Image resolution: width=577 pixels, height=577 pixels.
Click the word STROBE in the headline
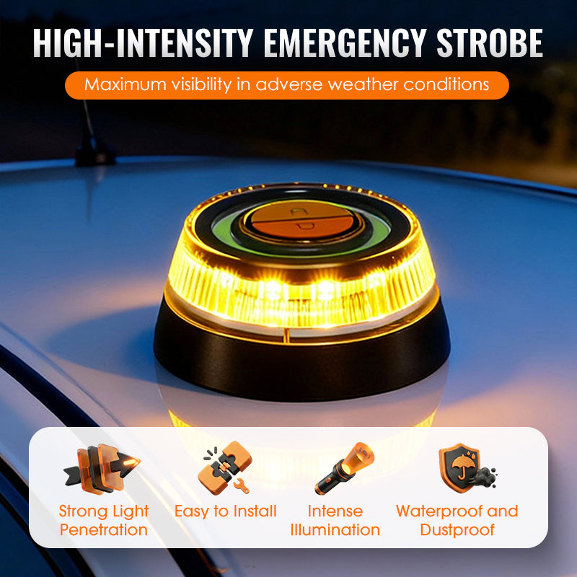(x=490, y=43)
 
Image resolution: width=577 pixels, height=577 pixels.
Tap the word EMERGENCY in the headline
(x=345, y=43)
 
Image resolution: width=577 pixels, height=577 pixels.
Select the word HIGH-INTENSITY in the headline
(x=143, y=43)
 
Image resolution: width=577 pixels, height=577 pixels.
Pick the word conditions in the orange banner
(x=446, y=84)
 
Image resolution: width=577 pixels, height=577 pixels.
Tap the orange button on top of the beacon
(x=302, y=221)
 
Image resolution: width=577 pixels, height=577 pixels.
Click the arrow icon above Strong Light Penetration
(x=102, y=469)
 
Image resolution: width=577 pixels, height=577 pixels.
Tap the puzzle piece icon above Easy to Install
(x=225, y=467)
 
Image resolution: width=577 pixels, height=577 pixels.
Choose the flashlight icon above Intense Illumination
(x=345, y=468)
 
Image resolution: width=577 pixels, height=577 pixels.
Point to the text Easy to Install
(x=225, y=511)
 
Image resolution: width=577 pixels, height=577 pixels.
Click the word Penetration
(x=104, y=530)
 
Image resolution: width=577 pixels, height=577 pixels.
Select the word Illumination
(x=335, y=530)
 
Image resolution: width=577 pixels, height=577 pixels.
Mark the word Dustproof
(x=457, y=530)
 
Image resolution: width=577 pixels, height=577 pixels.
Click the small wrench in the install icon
(x=242, y=485)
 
